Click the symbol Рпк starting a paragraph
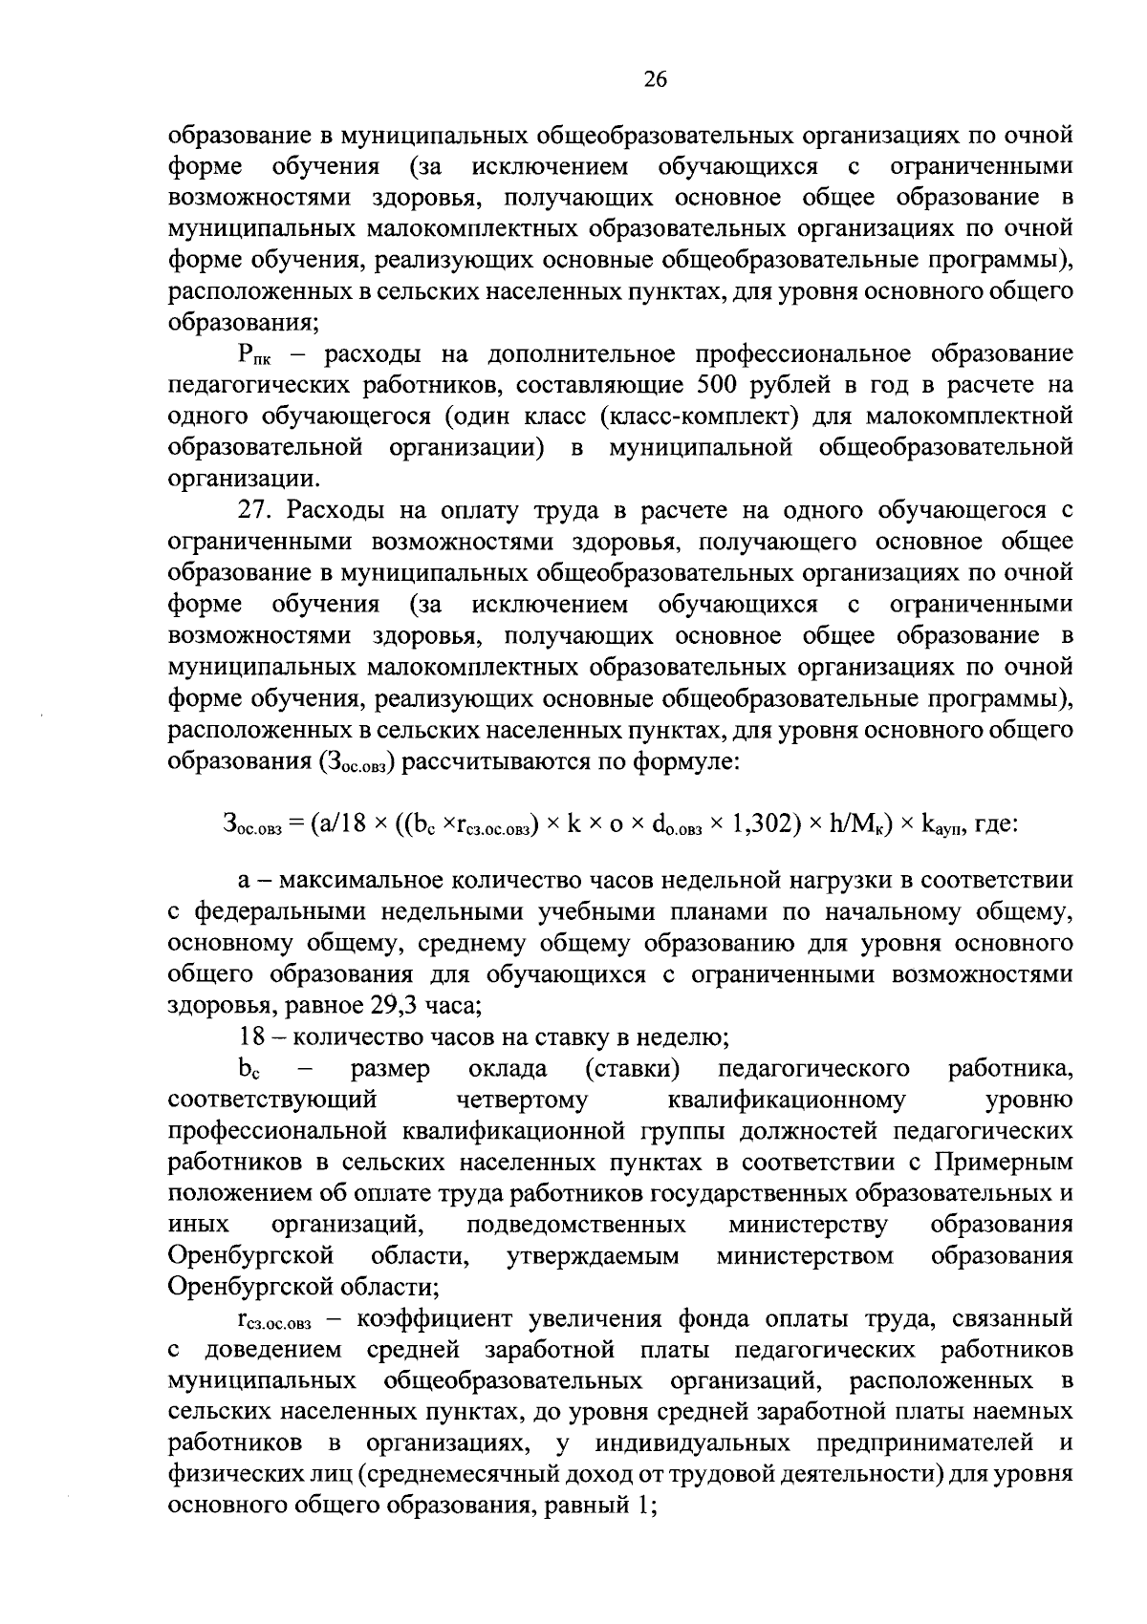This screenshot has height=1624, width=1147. point(256,355)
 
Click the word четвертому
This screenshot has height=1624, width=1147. point(523,1100)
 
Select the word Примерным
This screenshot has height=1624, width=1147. point(1004,1162)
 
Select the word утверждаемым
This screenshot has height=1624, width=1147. point(593,1255)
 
